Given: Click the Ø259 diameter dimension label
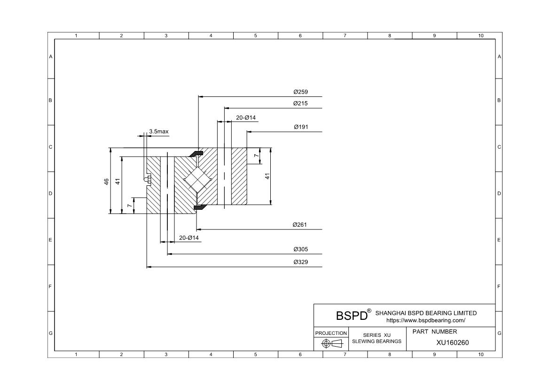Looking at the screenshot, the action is (x=300, y=92).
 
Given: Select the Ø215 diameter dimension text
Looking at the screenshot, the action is (x=300, y=103).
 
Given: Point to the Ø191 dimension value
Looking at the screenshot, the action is (x=301, y=127).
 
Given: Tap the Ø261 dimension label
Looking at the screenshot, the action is (x=300, y=225).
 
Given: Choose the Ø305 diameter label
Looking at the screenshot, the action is (x=300, y=249).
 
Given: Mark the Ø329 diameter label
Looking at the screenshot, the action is (x=300, y=262).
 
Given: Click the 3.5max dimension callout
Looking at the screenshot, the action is (x=158, y=132).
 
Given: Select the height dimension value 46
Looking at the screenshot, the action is (x=107, y=182).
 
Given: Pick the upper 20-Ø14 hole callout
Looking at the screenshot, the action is (x=246, y=118).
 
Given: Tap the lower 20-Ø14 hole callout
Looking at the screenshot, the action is (x=189, y=238).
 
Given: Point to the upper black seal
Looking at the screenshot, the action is (x=197, y=153).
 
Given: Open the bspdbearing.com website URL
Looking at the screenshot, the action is (x=426, y=320).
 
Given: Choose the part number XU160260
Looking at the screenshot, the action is (x=453, y=342).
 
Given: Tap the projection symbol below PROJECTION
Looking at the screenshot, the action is (x=332, y=344).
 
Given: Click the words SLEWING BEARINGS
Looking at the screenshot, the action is (x=377, y=341).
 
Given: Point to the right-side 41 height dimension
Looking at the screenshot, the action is (x=267, y=176).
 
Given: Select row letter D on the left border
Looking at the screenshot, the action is (x=50, y=193).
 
